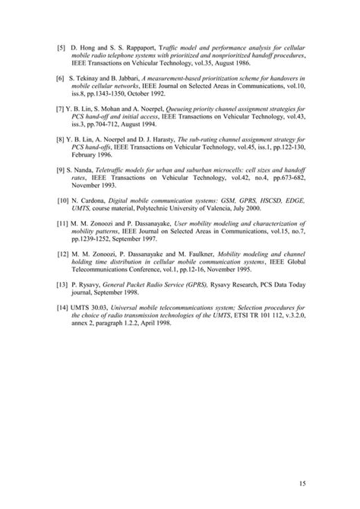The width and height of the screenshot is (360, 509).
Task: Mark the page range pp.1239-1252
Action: coord(96,234)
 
